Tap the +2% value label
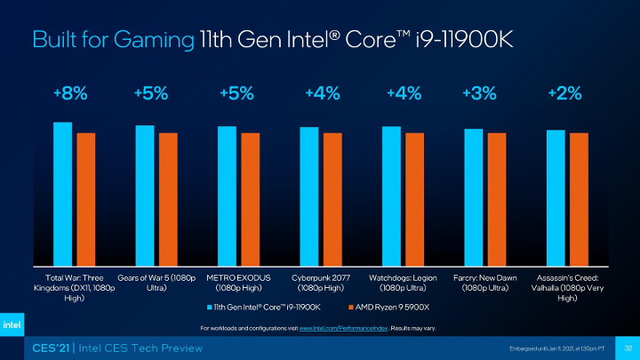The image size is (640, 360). pyautogui.click(x=565, y=92)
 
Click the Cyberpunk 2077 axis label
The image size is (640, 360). pyautogui.click(x=320, y=283)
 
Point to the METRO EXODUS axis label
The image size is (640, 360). pyautogui.click(x=237, y=283)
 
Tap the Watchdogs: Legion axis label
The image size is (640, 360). pyautogui.click(x=404, y=283)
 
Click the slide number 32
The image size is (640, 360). pyautogui.click(x=627, y=346)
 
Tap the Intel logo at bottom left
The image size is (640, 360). pyautogui.click(x=15, y=324)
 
